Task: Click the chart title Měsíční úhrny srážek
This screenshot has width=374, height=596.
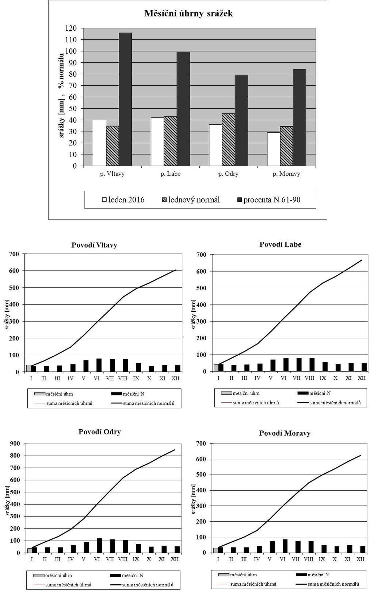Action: (x=188, y=13)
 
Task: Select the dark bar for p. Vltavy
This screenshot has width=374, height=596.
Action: (x=125, y=99)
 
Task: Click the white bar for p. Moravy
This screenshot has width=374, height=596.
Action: (x=274, y=149)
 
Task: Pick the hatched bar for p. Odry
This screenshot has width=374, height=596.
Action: (x=228, y=140)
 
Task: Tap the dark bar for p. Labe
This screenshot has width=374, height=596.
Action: (x=183, y=109)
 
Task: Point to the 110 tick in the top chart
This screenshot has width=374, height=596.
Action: (x=71, y=40)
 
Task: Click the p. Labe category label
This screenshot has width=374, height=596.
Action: (x=171, y=174)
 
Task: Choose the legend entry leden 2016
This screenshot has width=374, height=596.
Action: (x=123, y=200)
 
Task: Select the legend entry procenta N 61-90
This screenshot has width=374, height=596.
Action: (x=269, y=200)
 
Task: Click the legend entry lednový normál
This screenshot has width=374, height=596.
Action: (x=191, y=200)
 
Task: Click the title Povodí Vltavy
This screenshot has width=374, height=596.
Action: (x=94, y=245)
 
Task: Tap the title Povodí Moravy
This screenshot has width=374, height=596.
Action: (x=285, y=433)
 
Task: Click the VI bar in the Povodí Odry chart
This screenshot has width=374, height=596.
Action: (x=99, y=545)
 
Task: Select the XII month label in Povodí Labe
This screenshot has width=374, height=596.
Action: (x=362, y=378)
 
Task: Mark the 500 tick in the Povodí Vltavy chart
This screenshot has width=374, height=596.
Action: (x=14, y=288)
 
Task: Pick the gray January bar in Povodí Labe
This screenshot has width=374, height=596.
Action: (x=216, y=368)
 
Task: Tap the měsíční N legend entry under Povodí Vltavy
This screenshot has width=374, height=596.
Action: (x=127, y=394)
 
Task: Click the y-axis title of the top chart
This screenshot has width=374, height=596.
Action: (x=61, y=95)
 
